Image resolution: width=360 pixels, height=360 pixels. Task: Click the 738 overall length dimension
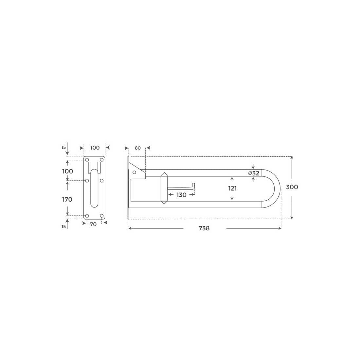[204, 228]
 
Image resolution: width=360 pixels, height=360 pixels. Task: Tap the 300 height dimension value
[292, 187]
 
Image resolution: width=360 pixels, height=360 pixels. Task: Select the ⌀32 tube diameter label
[254, 173]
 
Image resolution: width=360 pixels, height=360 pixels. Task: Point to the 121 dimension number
[232, 189]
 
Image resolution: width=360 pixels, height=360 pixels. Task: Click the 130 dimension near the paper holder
[181, 195]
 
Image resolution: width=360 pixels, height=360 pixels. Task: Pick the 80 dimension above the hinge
[138, 148]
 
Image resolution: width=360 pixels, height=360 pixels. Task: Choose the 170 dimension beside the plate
[67, 200]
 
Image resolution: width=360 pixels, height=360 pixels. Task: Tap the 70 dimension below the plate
[93, 224]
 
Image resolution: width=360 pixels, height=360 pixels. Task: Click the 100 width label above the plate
[95, 148]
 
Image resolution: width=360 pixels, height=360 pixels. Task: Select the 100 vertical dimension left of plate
[67, 171]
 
